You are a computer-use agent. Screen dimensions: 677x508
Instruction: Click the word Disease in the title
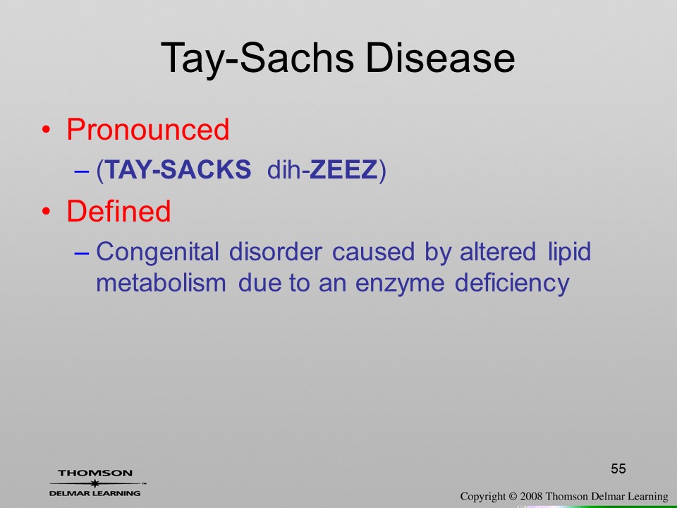pos(440,58)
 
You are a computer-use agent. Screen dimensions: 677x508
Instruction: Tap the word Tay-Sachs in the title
pos(257,60)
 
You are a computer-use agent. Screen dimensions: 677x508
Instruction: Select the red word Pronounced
pos(147,129)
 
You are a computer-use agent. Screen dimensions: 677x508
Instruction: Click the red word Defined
pos(118,211)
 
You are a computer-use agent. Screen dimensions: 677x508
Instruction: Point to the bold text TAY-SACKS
pos(178,169)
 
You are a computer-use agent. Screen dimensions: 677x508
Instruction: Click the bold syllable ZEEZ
pos(343,169)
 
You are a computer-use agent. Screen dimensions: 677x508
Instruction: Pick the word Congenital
pos(157,253)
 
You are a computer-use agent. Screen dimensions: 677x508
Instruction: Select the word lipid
pos(570,253)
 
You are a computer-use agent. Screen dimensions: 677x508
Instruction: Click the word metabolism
pos(161,283)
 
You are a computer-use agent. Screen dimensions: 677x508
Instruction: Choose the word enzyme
pos(400,284)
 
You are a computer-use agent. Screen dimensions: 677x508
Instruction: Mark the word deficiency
pos(512,284)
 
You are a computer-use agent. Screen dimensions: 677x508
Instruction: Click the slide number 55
pos(618,468)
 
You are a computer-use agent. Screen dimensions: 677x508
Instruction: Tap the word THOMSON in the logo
pos(95,473)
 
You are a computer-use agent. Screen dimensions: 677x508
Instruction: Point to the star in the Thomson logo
pos(95,483)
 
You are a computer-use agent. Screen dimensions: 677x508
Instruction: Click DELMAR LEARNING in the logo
pos(95,493)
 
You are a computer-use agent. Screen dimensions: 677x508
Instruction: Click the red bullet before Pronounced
pos(47,130)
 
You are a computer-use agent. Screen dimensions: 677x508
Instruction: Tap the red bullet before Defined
pos(47,211)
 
